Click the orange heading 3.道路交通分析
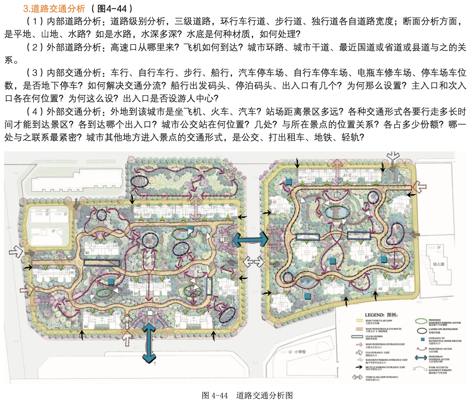[x=54, y=8]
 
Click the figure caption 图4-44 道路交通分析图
[x=247, y=395]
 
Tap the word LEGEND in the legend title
[x=375, y=315]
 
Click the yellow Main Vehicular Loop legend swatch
[x=359, y=321]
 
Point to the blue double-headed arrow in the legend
[x=421, y=358]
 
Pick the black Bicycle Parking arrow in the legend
[x=359, y=367]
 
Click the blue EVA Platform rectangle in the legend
[x=357, y=337]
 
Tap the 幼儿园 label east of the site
[x=438, y=264]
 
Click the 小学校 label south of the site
[x=300, y=352]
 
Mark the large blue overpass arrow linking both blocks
[x=251, y=239]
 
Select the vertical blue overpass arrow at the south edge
[x=149, y=343]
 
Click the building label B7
[x=178, y=326]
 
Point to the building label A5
[x=366, y=257]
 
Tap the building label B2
[x=87, y=253]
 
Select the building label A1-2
[x=347, y=176]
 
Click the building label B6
[x=86, y=327]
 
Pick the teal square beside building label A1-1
[x=289, y=182]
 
